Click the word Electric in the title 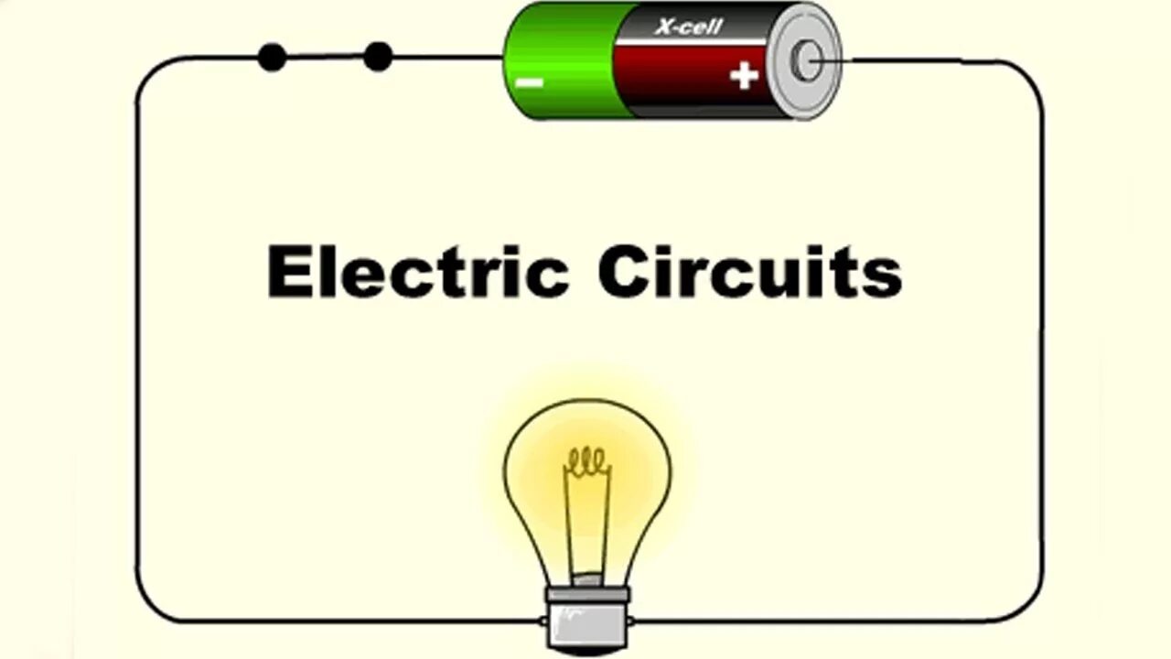417,271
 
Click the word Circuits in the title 750,271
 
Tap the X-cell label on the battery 688,27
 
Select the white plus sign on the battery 744,75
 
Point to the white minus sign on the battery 530,82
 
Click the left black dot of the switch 272,57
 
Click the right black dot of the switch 378,57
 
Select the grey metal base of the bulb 586,616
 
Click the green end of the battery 558,59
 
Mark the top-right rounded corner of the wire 1028,75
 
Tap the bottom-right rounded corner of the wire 1028,607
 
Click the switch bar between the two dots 325,57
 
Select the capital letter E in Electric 285,271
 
